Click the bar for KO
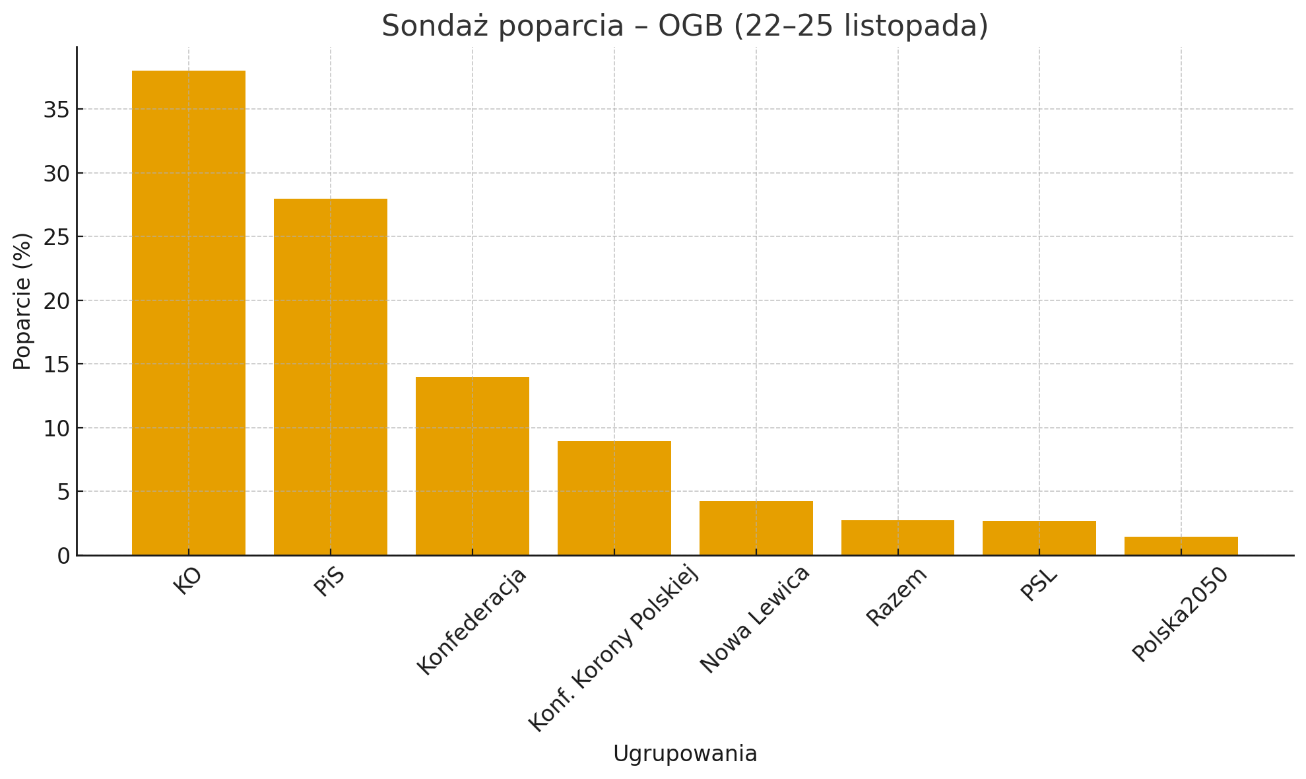(x=189, y=313)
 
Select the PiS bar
(x=331, y=377)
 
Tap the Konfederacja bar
(x=473, y=466)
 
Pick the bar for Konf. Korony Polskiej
(x=614, y=498)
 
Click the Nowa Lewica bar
(x=756, y=528)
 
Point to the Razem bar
(x=898, y=537)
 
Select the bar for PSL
(x=1039, y=538)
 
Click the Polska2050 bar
(x=1181, y=546)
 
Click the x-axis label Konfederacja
(x=473, y=621)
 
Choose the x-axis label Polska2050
(x=1181, y=614)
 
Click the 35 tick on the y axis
(x=57, y=110)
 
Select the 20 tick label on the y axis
(x=57, y=301)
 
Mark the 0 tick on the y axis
(x=63, y=556)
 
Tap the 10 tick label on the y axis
(x=57, y=428)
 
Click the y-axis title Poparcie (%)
(x=22, y=301)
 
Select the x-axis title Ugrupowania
(x=685, y=754)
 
